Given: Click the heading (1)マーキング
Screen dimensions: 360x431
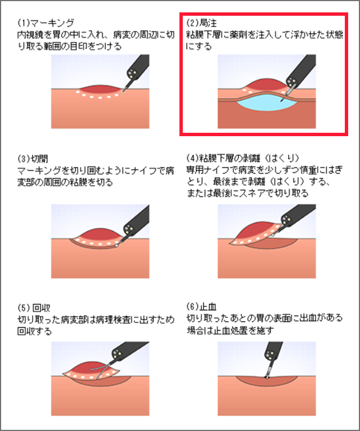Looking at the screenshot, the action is coord(46,23).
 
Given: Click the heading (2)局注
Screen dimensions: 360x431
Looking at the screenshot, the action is coord(202,23).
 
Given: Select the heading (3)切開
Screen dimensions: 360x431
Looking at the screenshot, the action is coord(33,159).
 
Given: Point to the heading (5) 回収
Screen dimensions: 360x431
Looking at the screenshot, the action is coord(34,308).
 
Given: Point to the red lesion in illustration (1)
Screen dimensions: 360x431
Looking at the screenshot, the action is coord(101,89).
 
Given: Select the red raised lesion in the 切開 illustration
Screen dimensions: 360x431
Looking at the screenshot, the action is coord(101,235).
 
